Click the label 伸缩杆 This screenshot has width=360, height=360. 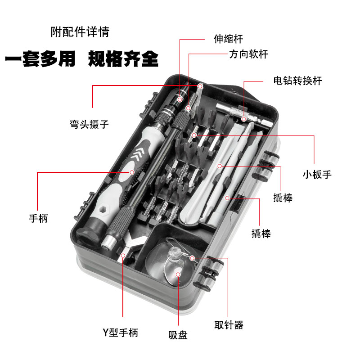[x=228, y=40]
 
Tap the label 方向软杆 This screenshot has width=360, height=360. [x=248, y=54]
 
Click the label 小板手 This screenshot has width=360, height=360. [x=317, y=175]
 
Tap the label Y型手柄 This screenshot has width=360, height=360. [x=120, y=333]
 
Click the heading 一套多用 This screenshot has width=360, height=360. [x=40, y=60]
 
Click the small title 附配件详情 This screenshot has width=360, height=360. [x=80, y=32]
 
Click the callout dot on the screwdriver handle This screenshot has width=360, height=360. [x=132, y=172]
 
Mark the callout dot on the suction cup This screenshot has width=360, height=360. [x=178, y=274]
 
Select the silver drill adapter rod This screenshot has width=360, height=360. [x=245, y=115]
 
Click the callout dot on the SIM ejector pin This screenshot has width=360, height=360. [x=193, y=258]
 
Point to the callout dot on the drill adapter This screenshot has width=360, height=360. [x=243, y=119]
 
